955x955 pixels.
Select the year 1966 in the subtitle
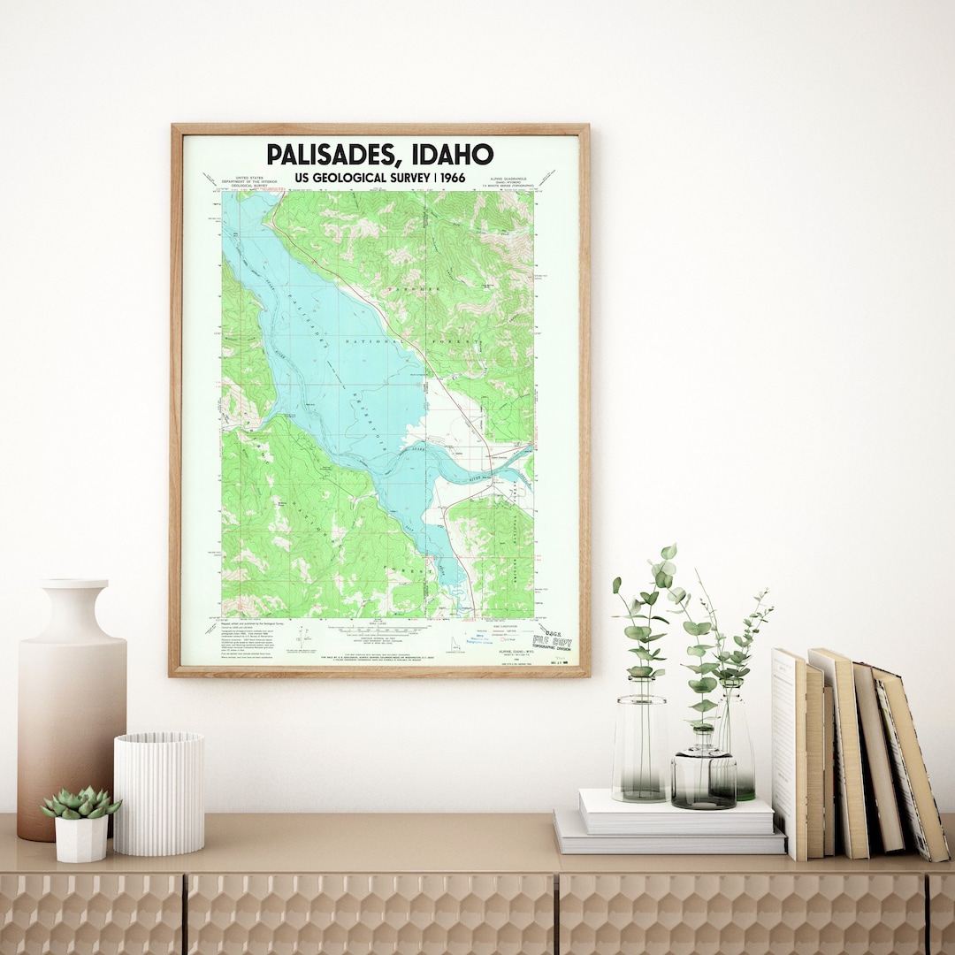click(x=448, y=177)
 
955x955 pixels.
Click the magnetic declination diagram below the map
click(x=303, y=635)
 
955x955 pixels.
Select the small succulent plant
click(x=81, y=803)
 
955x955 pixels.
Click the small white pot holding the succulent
click(x=80, y=838)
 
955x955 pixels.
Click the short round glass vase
click(x=703, y=778)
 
